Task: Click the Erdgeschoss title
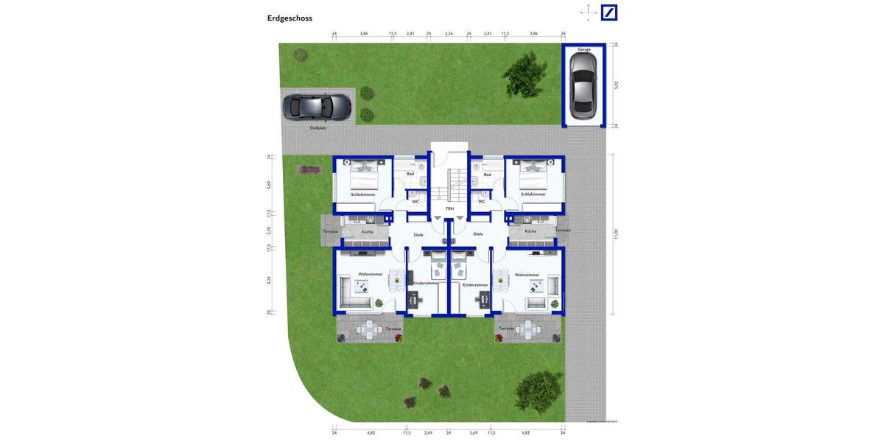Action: pos(290,18)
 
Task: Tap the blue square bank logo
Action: pos(609,12)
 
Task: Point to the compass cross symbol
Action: pos(589,11)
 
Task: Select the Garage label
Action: pos(584,49)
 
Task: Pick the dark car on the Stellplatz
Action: pos(318,108)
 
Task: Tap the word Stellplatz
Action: pos(318,127)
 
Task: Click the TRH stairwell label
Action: pos(449,208)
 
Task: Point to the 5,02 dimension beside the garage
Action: pos(616,85)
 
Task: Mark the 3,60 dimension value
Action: pos(269,184)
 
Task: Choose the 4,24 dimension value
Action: pos(269,280)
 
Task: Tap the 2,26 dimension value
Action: pos(449,34)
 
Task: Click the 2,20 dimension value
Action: pos(269,231)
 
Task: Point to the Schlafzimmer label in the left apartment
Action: pos(363,194)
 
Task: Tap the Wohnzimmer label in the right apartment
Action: pos(527,275)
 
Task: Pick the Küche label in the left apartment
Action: pos(367,232)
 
